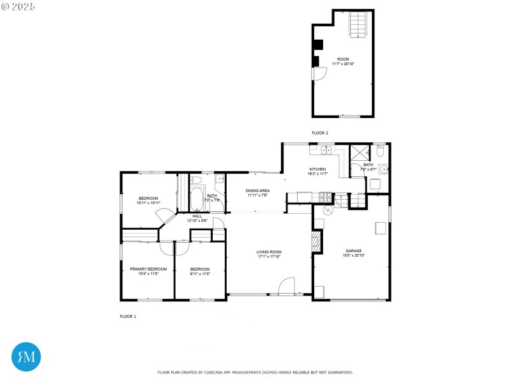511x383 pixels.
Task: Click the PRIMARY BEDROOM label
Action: (x=148, y=269)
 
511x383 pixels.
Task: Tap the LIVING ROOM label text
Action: (x=270, y=252)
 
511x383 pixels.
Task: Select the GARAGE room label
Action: (x=354, y=251)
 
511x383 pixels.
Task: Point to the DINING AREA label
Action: (x=257, y=190)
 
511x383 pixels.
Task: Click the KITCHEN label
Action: (x=317, y=170)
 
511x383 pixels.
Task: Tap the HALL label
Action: (x=197, y=216)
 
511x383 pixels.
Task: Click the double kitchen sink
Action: (x=326, y=151)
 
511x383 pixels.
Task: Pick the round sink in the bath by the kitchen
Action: (x=383, y=170)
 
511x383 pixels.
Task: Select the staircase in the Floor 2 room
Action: (x=359, y=24)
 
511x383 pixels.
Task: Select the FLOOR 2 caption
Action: (x=319, y=133)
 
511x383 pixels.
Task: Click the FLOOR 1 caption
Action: (x=128, y=317)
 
